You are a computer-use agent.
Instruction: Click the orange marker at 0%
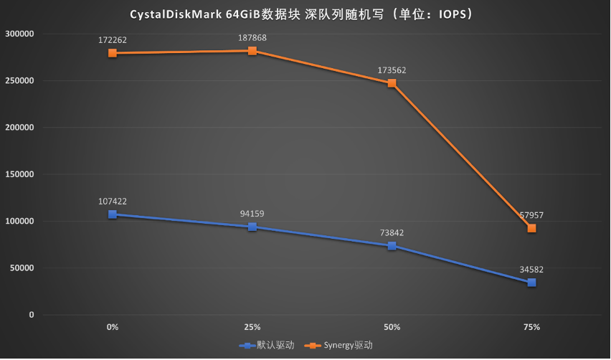click(113, 53)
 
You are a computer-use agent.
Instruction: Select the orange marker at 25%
click(252, 51)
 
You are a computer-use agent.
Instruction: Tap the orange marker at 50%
click(392, 83)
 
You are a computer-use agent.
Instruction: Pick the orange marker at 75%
click(531, 228)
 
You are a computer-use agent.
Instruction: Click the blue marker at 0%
click(113, 214)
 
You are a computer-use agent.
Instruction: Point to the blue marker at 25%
click(252, 227)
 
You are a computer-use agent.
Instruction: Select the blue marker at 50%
click(392, 246)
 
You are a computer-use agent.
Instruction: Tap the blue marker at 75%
click(531, 283)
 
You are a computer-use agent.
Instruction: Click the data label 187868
click(252, 37)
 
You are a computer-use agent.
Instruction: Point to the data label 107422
click(113, 202)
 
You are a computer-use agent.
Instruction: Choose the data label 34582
click(531, 270)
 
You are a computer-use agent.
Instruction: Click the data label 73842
click(392, 232)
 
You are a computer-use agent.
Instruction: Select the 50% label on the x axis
click(392, 327)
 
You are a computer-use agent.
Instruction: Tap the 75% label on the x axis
click(531, 327)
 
